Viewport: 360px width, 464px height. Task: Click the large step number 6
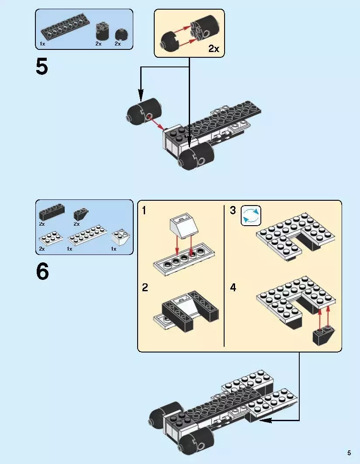42,272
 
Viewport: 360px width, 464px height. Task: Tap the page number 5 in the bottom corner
349,453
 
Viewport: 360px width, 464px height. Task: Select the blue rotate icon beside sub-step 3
251,216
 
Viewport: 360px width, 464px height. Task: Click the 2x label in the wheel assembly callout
214,49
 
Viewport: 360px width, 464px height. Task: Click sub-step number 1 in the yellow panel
144,211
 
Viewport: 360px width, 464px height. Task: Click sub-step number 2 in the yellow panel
145,288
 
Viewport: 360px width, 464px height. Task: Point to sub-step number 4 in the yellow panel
233,288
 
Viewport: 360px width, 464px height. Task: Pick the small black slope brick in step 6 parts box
80,214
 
